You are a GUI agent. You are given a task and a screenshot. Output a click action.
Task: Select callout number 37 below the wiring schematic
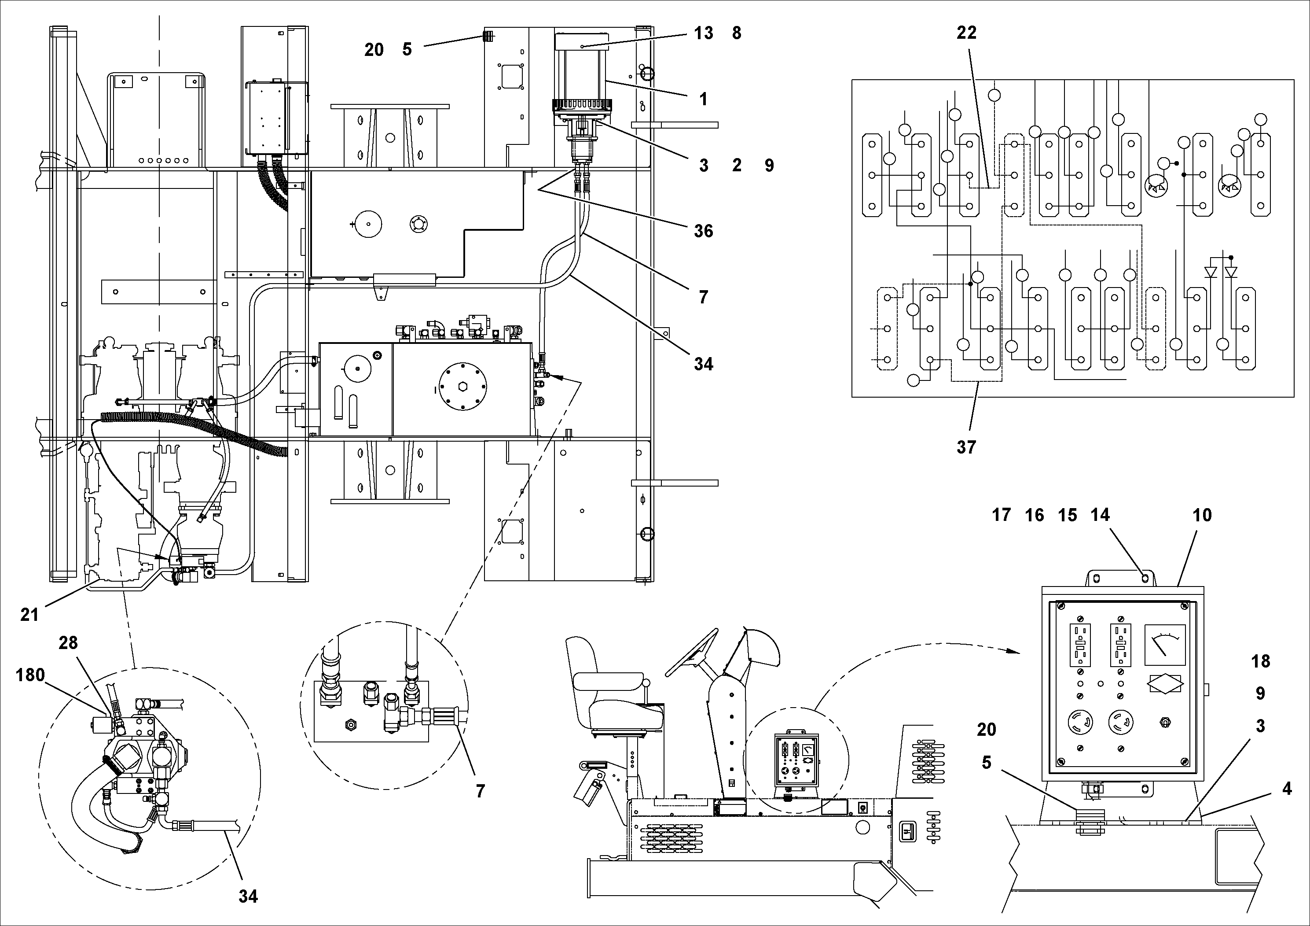pyautogui.click(x=966, y=447)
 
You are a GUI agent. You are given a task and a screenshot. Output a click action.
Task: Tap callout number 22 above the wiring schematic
pyautogui.click(x=966, y=33)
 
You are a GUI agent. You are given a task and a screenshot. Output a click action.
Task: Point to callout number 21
pyautogui.click(x=29, y=615)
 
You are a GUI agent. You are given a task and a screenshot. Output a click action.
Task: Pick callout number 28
pyautogui.click(x=68, y=643)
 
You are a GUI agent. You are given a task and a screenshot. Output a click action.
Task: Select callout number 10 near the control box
pyautogui.click(x=1202, y=516)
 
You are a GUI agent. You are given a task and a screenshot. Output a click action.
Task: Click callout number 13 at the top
pyautogui.click(x=704, y=33)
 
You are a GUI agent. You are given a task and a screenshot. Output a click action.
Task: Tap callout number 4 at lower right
pyautogui.click(x=1287, y=789)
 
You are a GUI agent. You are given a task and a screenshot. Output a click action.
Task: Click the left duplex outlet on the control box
pyautogui.click(x=1079, y=645)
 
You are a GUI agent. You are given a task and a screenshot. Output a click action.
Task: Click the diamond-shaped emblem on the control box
pyautogui.click(x=1164, y=684)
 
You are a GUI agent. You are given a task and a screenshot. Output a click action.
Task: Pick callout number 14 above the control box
pyautogui.click(x=1100, y=516)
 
